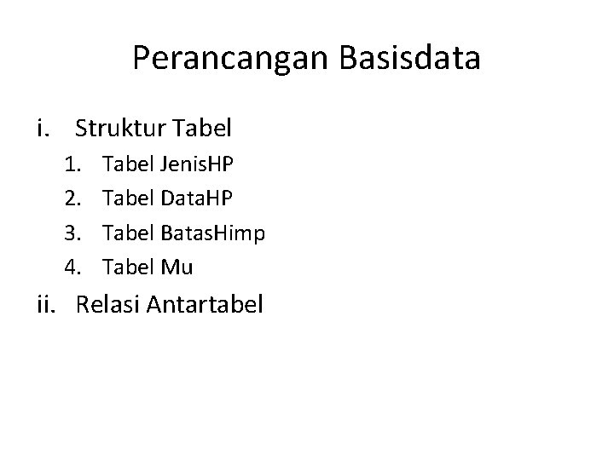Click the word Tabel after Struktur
click(x=201, y=129)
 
